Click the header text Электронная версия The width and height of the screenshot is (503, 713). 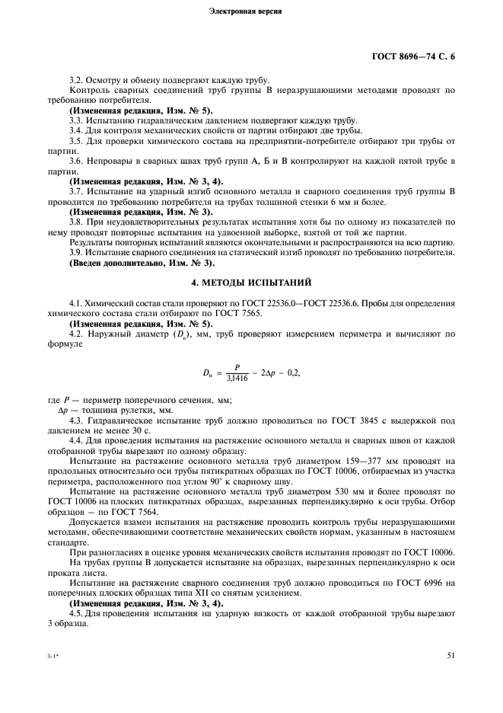(x=251, y=13)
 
